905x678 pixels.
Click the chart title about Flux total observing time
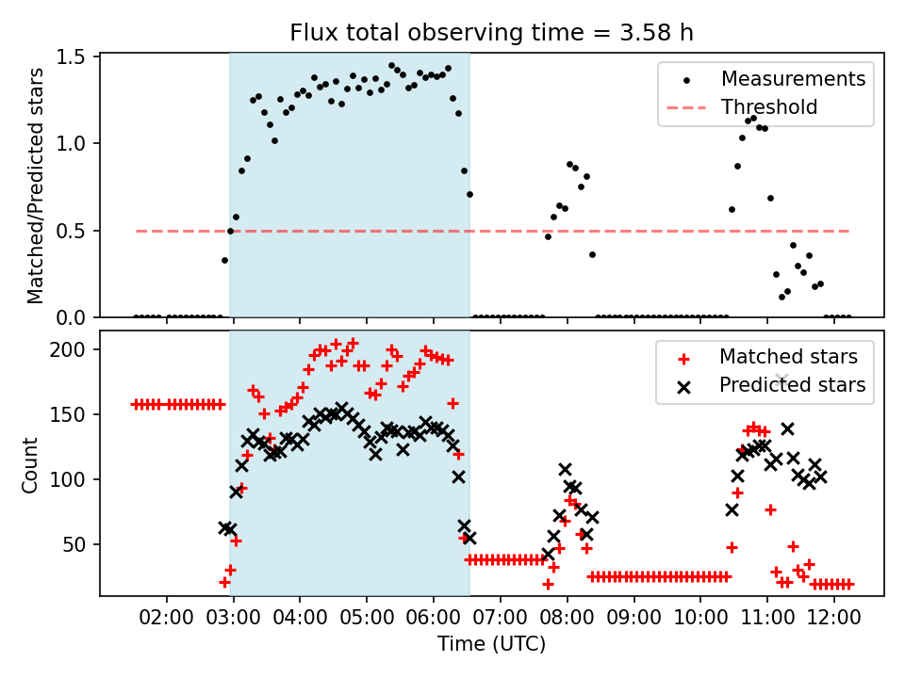[x=491, y=33]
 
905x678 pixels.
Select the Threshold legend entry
[x=769, y=107]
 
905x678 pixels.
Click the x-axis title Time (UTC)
[x=491, y=644]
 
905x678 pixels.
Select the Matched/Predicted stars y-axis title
[x=36, y=186]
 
